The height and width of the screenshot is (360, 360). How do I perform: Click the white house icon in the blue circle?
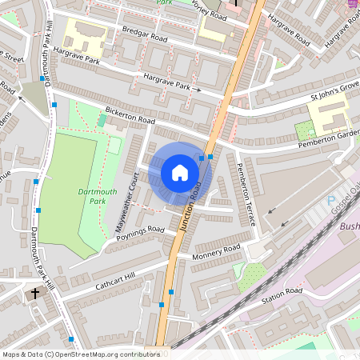(x=179, y=172)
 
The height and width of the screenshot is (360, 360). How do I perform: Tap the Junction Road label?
(x=190, y=207)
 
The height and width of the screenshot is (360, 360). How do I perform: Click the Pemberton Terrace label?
(x=242, y=191)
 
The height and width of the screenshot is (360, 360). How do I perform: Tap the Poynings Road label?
(x=139, y=233)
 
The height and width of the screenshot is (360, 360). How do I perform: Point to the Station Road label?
(x=282, y=294)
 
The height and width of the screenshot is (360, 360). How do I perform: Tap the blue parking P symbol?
(x=332, y=200)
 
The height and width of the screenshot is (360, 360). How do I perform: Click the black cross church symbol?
(x=34, y=294)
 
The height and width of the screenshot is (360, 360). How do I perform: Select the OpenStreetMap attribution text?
(x=80, y=354)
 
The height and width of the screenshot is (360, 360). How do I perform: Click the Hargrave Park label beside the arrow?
(x=166, y=82)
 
